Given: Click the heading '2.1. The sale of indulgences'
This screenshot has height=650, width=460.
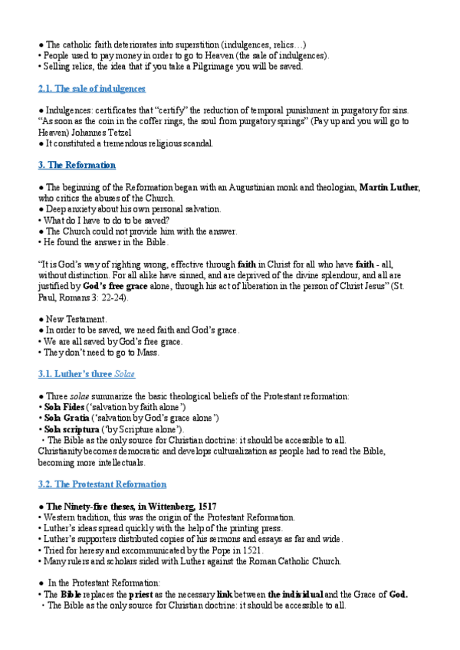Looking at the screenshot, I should (91, 89).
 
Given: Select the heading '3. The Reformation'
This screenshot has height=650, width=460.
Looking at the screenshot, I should (77, 165).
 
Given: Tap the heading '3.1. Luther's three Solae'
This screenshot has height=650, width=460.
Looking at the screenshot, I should (87, 374).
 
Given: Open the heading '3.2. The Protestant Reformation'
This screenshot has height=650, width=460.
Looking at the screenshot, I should (102, 484).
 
